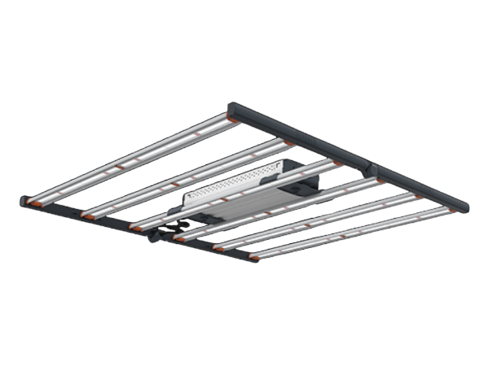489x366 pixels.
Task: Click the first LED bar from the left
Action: click(x=130, y=158)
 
